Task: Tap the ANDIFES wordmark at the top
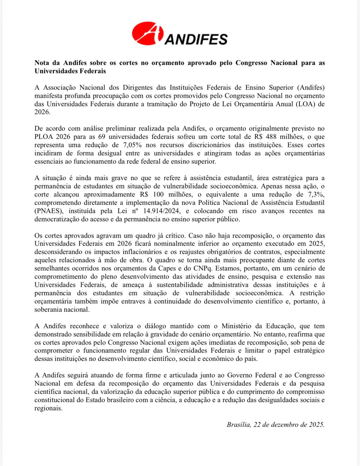click(196, 39)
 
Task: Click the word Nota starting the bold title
click(42, 63)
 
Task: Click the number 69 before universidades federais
click(103, 137)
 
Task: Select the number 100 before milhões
click(158, 195)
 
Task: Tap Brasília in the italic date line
click(238, 425)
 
